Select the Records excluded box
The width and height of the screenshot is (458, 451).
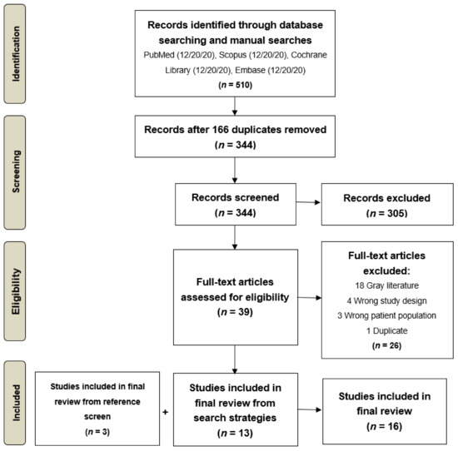[x=385, y=207]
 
